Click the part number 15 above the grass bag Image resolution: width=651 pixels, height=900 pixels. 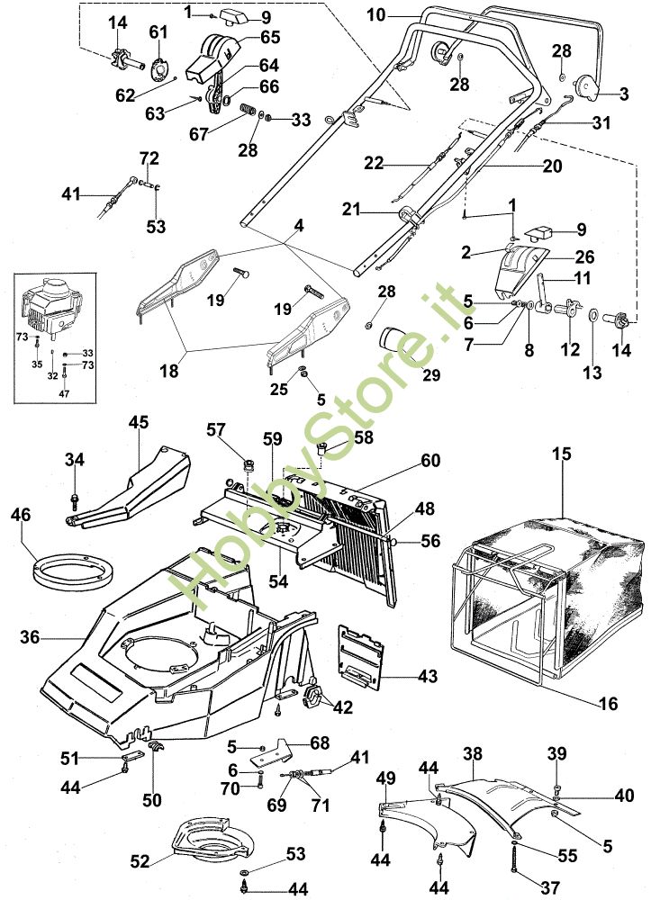pyautogui.click(x=562, y=455)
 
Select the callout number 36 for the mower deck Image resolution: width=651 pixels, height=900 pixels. pyautogui.click(x=31, y=637)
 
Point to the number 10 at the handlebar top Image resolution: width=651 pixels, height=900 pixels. pyautogui.click(x=376, y=14)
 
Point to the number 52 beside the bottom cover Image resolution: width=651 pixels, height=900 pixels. pyautogui.click(x=140, y=861)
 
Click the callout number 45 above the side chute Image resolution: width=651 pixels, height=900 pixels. pyautogui.click(x=138, y=421)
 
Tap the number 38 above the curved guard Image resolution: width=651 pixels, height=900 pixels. pyautogui.click(x=473, y=751)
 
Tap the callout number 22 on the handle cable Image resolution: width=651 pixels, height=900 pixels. pyautogui.click(x=374, y=164)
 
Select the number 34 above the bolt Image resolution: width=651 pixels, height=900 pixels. pyautogui.click(x=75, y=461)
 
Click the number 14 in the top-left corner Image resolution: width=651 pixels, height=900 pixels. pyautogui.click(x=118, y=22)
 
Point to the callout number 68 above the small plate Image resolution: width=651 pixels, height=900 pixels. pyautogui.click(x=320, y=742)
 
